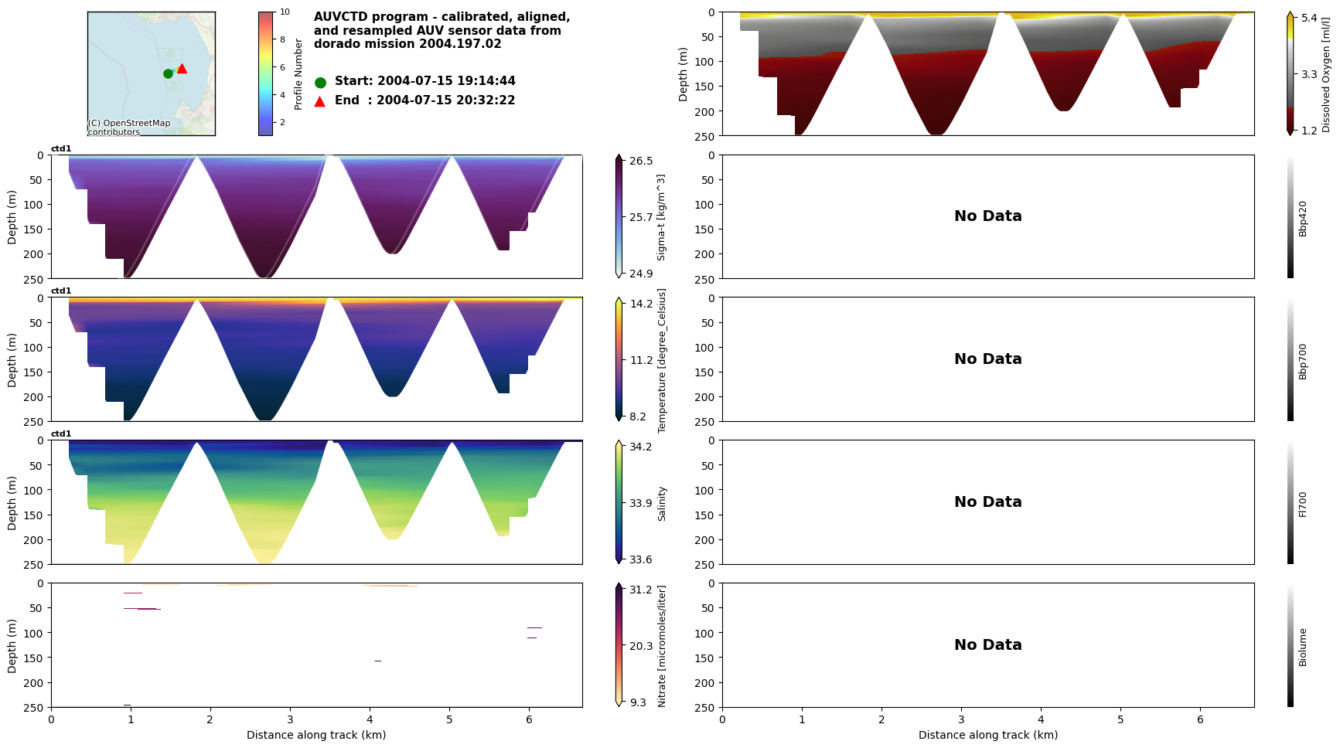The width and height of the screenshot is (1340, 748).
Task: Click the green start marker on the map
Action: coord(168,73)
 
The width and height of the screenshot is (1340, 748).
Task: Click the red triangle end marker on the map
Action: coord(182,69)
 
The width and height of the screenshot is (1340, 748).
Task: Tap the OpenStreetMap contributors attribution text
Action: coord(128,127)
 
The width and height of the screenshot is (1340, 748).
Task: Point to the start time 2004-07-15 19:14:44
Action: coord(446,81)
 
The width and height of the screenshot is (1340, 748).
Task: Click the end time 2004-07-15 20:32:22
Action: coord(446,100)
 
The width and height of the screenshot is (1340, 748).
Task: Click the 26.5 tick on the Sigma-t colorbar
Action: coord(641,161)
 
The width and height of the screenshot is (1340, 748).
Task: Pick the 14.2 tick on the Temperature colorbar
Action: coord(641,304)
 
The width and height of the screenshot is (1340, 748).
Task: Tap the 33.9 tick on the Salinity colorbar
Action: coord(641,503)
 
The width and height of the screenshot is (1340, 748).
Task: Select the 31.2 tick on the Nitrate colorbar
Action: coord(641,590)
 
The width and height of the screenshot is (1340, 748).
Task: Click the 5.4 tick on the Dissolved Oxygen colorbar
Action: coord(1309,18)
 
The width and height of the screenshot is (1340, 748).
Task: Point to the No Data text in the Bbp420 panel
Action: coord(987,216)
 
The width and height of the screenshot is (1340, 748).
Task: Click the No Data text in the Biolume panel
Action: coord(987,645)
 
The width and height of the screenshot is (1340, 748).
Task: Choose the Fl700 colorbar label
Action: coord(1303,504)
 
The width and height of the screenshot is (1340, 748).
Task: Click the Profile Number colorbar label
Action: coord(298,74)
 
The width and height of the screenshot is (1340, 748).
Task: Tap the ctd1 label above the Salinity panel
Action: coord(61,434)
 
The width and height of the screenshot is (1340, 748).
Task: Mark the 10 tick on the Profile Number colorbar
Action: coord(285,12)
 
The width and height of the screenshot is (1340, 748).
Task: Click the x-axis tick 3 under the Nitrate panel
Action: coord(290,719)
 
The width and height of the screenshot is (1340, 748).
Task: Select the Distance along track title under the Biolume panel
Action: coord(987,735)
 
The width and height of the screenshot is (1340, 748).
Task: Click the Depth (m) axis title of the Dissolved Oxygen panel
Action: coord(683,74)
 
